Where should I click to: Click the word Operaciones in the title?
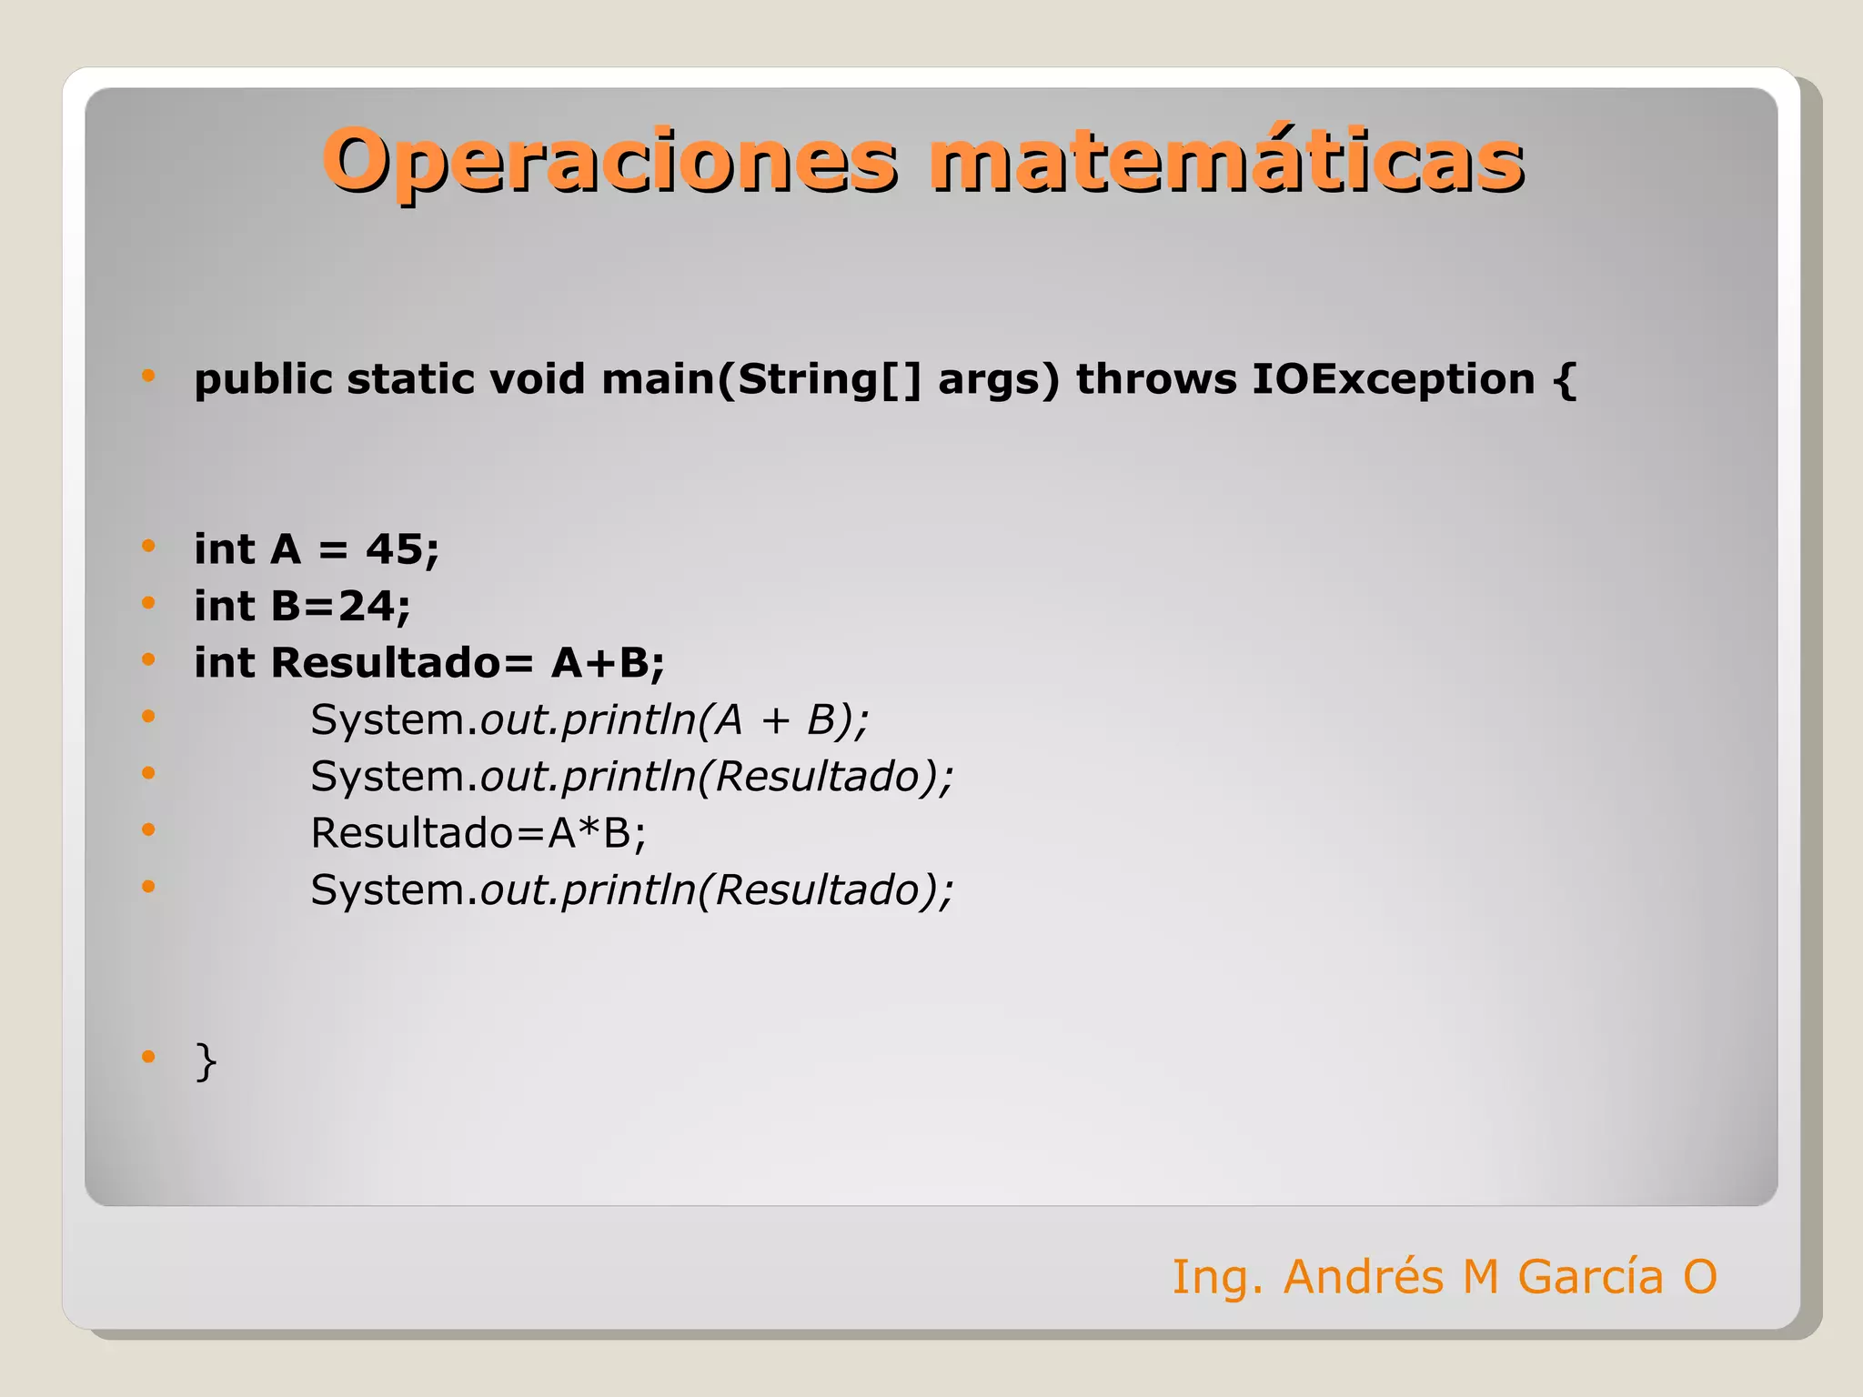click(609, 161)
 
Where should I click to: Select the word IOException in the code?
click(1393, 379)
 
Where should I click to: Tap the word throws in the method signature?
click(1156, 379)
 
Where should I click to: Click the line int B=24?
click(302, 606)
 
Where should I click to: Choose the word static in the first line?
click(411, 379)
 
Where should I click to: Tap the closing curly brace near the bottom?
click(206, 1060)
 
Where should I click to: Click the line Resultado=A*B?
click(478, 833)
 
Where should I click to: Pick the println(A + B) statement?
click(589, 719)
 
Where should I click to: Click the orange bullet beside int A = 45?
click(148, 547)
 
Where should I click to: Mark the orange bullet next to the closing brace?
click(148, 1057)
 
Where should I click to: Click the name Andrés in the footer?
click(1363, 1276)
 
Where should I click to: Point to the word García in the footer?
click(1590, 1276)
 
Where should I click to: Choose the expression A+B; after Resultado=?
click(608, 663)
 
